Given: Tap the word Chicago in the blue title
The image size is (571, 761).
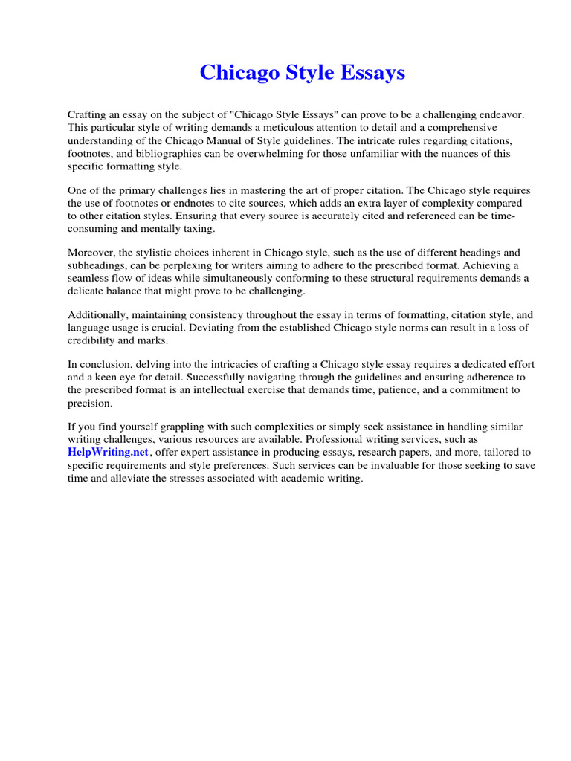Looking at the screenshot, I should pyautogui.click(x=239, y=73).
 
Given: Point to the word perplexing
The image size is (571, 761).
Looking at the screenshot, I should pyautogui.click(x=184, y=265).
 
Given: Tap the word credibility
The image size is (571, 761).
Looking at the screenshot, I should pyautogui.click(x=94, y=340).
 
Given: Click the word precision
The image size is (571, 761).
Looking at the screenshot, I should pyautogui.click(x=90, y=404).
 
